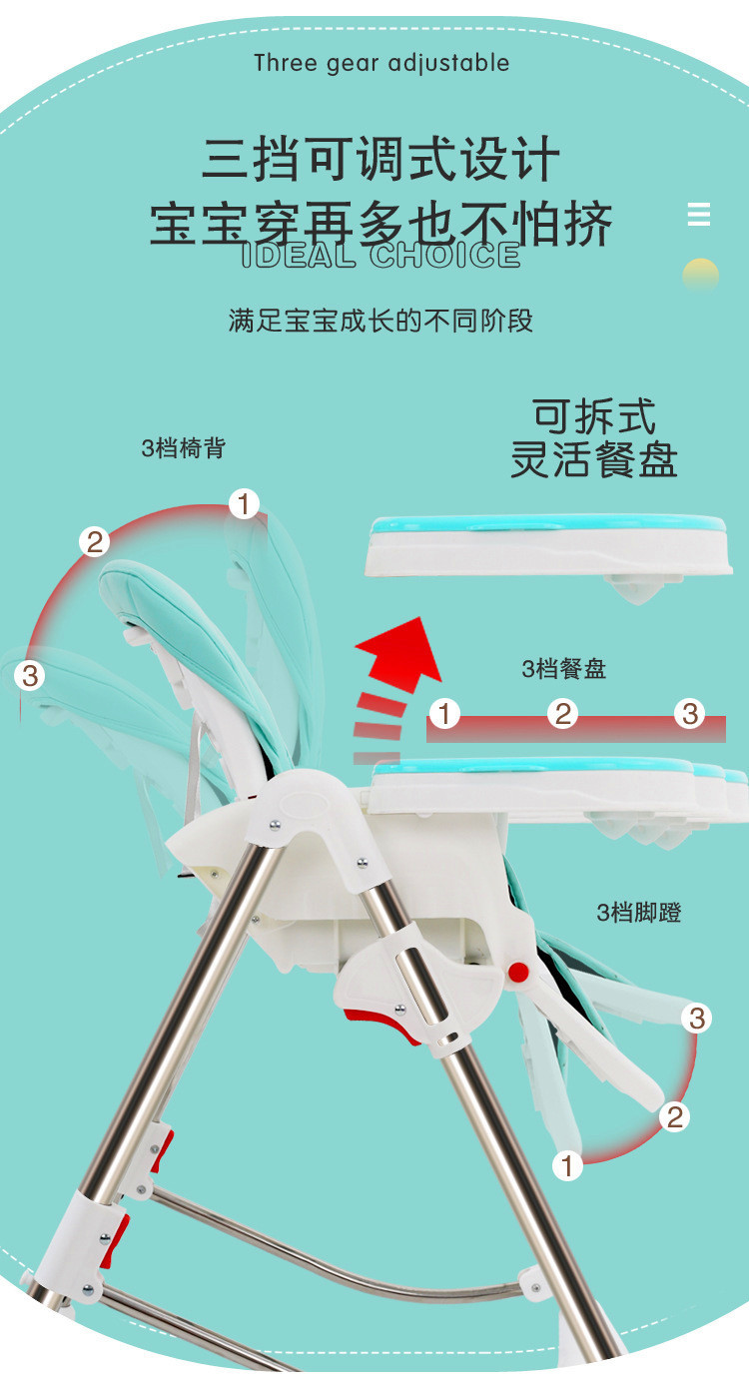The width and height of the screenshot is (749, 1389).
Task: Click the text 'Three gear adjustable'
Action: (381, 63)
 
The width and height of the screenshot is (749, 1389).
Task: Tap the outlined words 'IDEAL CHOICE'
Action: (380, 255)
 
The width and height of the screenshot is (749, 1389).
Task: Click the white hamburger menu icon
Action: (699, 214)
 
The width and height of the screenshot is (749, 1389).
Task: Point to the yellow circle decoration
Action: (701, 275)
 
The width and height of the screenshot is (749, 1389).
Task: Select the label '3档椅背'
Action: (184, 447)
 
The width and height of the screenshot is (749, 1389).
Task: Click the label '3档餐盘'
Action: (563, 668)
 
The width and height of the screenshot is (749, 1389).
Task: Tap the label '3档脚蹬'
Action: (639, 912)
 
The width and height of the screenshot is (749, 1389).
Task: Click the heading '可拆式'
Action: (594, 416)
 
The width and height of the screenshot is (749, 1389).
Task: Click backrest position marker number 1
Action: (245, 503)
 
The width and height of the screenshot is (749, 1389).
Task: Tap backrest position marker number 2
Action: (94, 542)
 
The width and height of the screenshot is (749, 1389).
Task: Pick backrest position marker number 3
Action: (30, 675)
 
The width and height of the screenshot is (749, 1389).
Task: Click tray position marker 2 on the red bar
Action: (562, 713)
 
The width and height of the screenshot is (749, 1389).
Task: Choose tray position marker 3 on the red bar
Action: (690, 713)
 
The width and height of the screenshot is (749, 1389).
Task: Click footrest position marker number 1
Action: (567, 1165)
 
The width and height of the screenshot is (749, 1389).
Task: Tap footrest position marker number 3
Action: (697, 1018)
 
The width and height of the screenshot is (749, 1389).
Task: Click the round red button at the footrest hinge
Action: (518, 973)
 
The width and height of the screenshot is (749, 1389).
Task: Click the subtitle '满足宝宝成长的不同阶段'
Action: (380, 321)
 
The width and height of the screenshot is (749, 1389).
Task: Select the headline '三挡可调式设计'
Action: (380, 159)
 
